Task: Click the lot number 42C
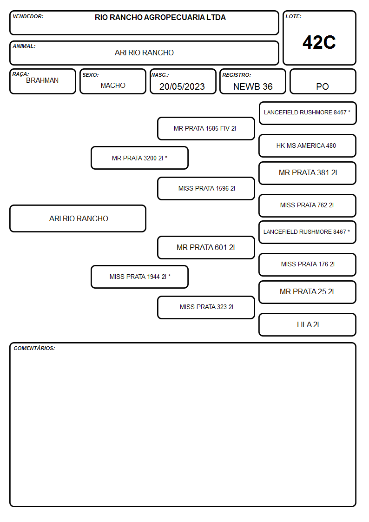click(x=319, y=42)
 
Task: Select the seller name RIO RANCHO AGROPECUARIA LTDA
click(x=160, y=17)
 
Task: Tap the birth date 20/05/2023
click(x=182, y=86)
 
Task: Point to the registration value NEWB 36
click(x=253, y=86)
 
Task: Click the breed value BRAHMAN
click(x=42, y=80)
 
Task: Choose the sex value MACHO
click(x=113, y=86)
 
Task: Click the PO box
click(x=323, y=81)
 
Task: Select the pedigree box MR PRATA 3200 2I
click(x=139, y=158)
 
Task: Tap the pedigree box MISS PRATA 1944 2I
click(x=139, y=277)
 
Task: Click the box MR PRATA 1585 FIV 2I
click(x=206, y=128)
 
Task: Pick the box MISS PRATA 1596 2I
click(x=206, y=188)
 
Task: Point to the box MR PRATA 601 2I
click(x=206, y=247)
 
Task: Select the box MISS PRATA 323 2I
click(x=206, y=307)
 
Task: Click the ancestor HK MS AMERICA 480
click(x=308, y=146)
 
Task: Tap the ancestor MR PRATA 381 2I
click(x=308, y=173)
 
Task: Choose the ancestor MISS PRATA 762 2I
click(x=308, y=205)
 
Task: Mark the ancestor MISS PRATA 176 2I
click(x=308, y=264)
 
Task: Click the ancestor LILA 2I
click(x=308, y=324)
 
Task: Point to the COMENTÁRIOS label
click(x=34, y=348)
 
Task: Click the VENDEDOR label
click(x=28, y=16)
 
